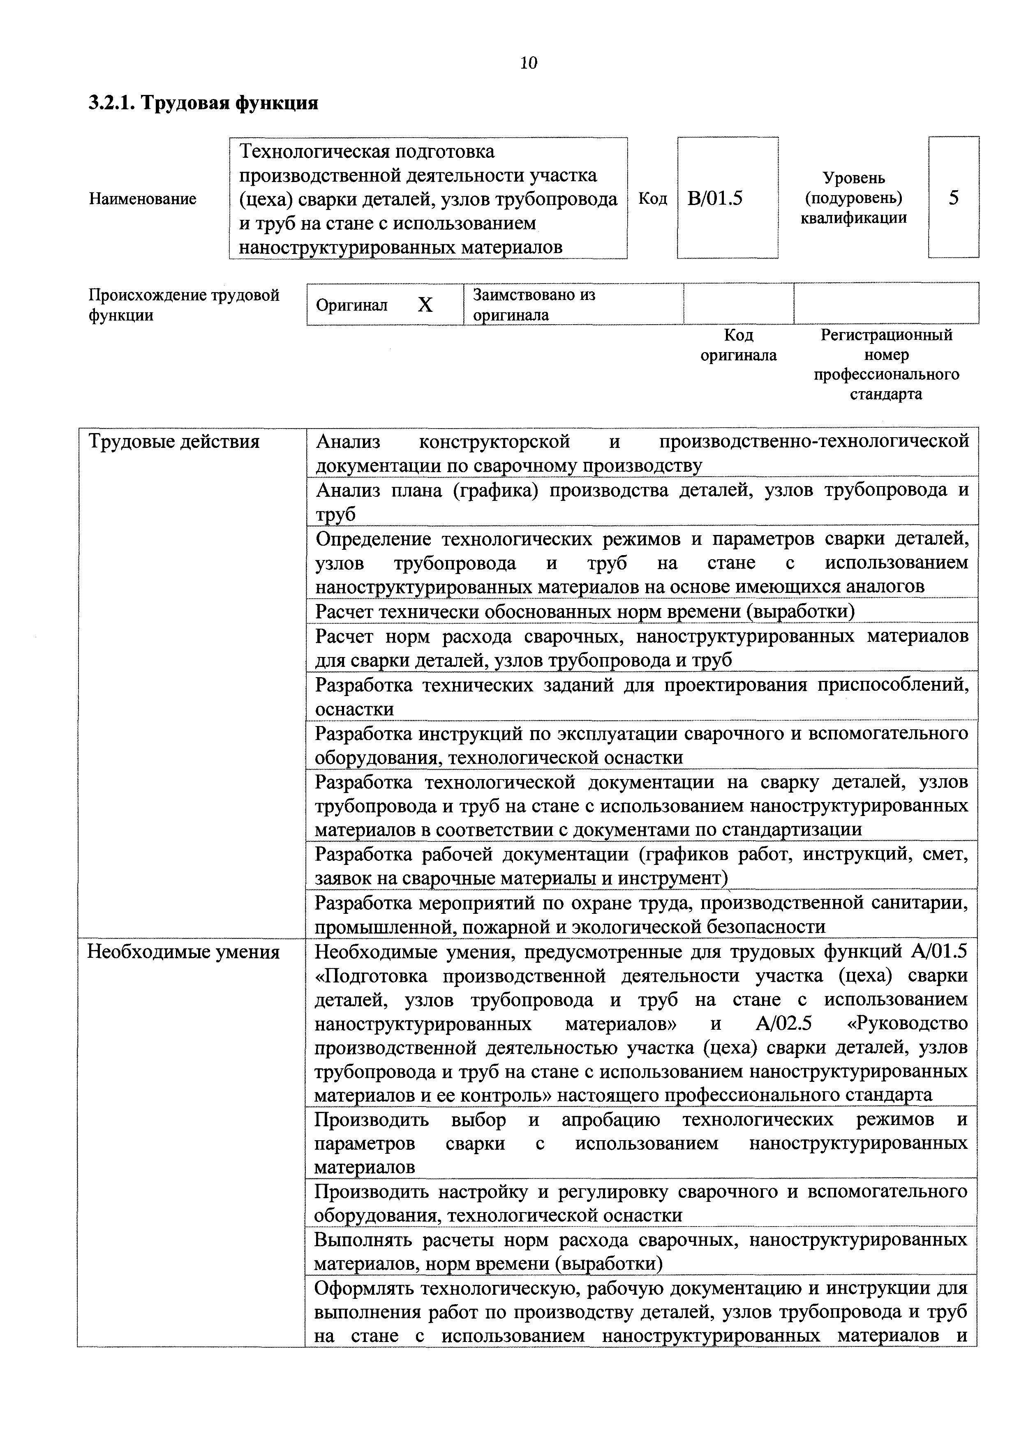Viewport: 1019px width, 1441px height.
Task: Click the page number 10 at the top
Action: [529, 63]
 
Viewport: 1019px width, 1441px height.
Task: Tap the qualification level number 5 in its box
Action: [953, 198]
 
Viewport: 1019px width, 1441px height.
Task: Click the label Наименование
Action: [143, 199]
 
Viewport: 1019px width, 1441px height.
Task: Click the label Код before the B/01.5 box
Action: [652, 198]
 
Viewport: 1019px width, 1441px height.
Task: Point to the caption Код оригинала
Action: [738, 345]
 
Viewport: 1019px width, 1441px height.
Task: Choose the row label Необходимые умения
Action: [183, 952]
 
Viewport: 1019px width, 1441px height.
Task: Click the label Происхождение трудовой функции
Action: [183, 304]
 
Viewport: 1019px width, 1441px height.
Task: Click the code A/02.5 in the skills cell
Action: [783, 1024]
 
